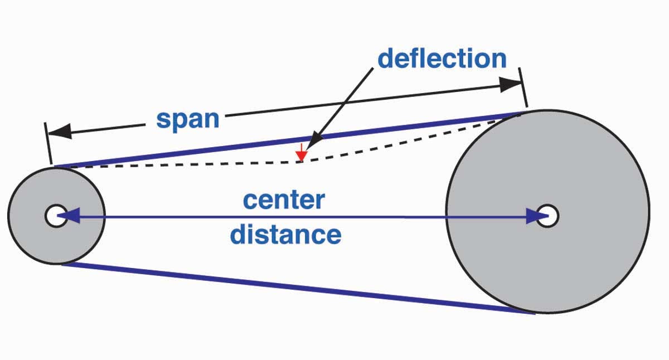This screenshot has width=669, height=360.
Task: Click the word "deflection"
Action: pyautogui.click(x=442, y=59)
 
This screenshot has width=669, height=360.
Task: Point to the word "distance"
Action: pyautogui.click(x=285, y=235)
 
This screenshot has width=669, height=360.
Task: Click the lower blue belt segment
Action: pyautogui.click(x=295, y=287)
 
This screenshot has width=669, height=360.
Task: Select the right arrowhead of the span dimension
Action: pyautogui.click(x=510, y=85)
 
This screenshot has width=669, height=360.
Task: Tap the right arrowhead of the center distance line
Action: pyautogui.click(x=535, y=216)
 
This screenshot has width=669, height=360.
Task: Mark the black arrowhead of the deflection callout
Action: pyautogui.click(x=317, y=139)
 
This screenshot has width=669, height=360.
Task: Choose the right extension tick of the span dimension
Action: pyautogui.click(x=523, y=87)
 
